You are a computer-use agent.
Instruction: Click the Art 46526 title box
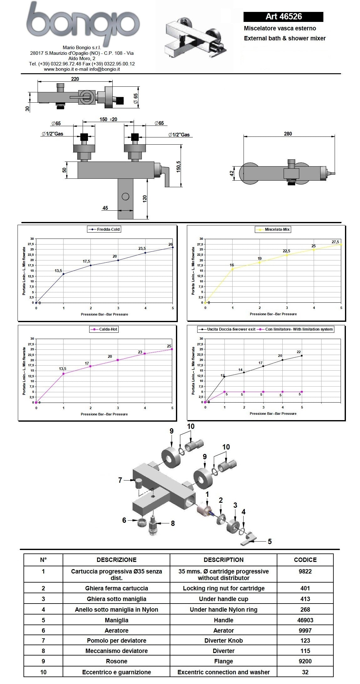(x=283, y=17)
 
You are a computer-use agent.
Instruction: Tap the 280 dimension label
(x=288, y=134)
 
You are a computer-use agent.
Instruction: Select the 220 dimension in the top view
(x=75, y=79)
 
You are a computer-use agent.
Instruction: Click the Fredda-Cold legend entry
(x=104, y=229)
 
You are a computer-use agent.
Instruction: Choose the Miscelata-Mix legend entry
(x=273, y=229)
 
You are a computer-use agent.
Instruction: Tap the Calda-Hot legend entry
(x=104, y=329)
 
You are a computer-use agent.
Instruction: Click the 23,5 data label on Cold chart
(x=142, y=249)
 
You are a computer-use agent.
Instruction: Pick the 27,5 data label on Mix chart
(x=335, y=242)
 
